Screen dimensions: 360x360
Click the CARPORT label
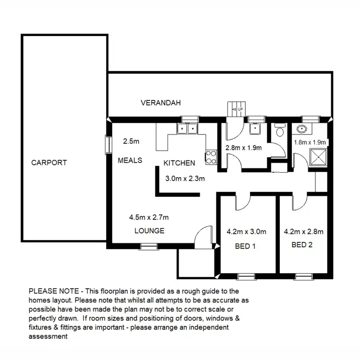pos(49,162)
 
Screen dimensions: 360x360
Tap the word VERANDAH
pos(161,103)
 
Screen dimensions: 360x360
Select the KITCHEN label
pos(179,163)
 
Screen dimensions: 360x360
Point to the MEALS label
pos(130,160)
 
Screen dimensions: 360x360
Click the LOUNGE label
pos(149,230)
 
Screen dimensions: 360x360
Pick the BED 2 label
pos(302,244)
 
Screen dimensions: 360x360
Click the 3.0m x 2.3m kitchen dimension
pos(185,179)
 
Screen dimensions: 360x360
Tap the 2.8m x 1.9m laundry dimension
pos(243,148)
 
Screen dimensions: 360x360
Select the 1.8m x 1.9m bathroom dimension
pos(310,142)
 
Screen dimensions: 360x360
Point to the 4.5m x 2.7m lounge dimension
pos(149,217)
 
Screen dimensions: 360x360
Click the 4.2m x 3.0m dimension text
pos(246,231)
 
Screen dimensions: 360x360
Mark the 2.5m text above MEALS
pos(131,141)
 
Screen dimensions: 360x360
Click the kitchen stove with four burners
pos(210,156)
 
